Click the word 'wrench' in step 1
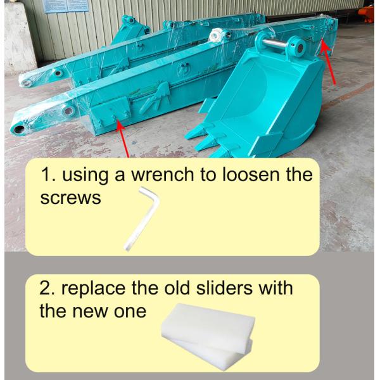[163, 175]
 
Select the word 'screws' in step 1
[70, 198]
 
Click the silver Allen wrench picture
[142, 218]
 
